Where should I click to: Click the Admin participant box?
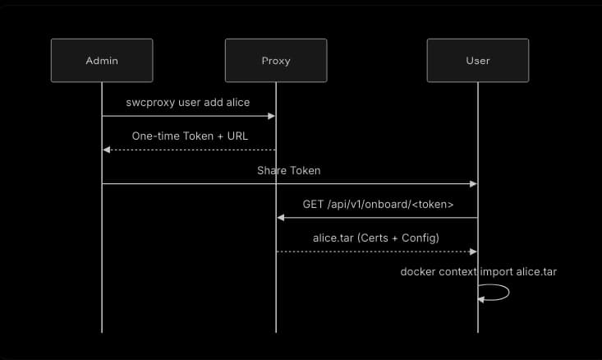click(102, 60)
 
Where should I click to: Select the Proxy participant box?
click(276, 60)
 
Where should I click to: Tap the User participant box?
click(477, 60)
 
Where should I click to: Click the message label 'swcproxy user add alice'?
click(188, 102)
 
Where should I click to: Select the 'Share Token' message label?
click(289, 170)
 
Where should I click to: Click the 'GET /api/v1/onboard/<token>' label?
click(378, 204)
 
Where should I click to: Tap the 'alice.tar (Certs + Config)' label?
click(376, 238)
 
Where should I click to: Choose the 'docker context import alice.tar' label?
click(478, 271)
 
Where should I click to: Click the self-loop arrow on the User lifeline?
click(497, 293)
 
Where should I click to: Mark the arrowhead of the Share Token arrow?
click(473, 184)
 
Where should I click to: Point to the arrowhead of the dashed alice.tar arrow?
click(473, 252)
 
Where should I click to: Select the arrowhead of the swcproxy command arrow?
click(271, 117)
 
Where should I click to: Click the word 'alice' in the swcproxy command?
click(235, 102)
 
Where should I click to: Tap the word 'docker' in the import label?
click(417, 271)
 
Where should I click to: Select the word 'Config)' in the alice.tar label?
click(421, 238)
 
